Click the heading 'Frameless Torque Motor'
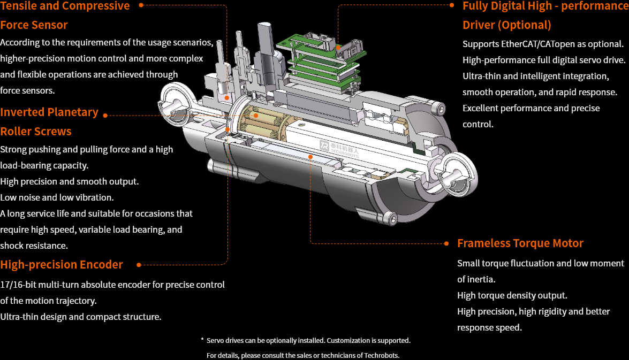[x=520, y=243]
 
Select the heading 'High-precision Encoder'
[x=62, y=265]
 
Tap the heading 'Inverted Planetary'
[x=49, y=112]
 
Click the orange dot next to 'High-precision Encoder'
[x=139, y=265]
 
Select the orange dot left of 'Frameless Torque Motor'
[x=446, y=243]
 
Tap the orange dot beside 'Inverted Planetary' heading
[x=105, y=115]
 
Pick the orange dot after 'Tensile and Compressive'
[x=141, y=5]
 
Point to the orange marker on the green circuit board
[x=338, y=47]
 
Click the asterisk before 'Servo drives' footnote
[x=202, y=340]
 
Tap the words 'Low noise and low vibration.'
[x=57, y=197]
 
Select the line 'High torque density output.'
[x=512, y=295]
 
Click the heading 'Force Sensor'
[x=34, y=25]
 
